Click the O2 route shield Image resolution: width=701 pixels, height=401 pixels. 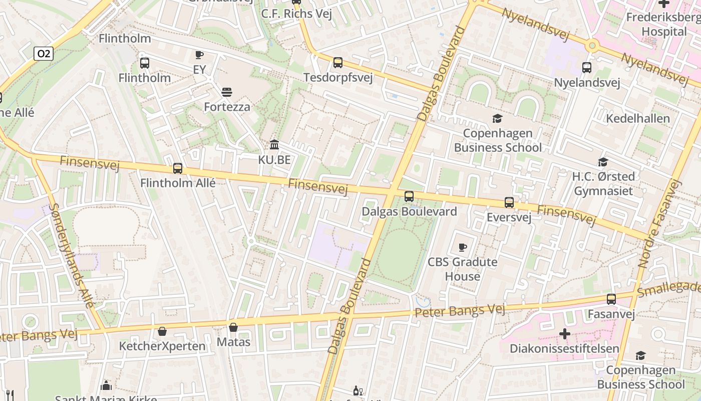point(44,54)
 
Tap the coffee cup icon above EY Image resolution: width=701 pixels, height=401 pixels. point(199,55)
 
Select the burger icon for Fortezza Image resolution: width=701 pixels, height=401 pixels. point(227,92)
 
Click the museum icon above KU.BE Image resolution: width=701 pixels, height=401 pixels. point(274,145)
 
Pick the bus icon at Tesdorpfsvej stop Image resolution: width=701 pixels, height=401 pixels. point(338,63)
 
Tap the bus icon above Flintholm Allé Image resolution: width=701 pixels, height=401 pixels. point(178,168)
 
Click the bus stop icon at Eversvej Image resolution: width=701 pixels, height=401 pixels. point(509,203)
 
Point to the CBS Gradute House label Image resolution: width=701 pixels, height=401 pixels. point(462,269)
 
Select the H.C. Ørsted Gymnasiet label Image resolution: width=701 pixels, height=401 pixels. point(603,183)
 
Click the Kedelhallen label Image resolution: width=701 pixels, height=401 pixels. point(637,119)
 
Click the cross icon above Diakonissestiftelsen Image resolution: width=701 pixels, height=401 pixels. point(565,334)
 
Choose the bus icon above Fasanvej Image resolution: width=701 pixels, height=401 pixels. point(611,299)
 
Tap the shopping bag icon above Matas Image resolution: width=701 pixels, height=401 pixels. point(233,328)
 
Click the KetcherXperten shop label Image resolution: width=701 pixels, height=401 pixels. point(162,346)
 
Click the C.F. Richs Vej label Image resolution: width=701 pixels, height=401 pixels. point(296,14)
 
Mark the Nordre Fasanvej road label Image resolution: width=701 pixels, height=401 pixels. point(659,224)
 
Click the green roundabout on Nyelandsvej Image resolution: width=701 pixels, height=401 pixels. point(592,46)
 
